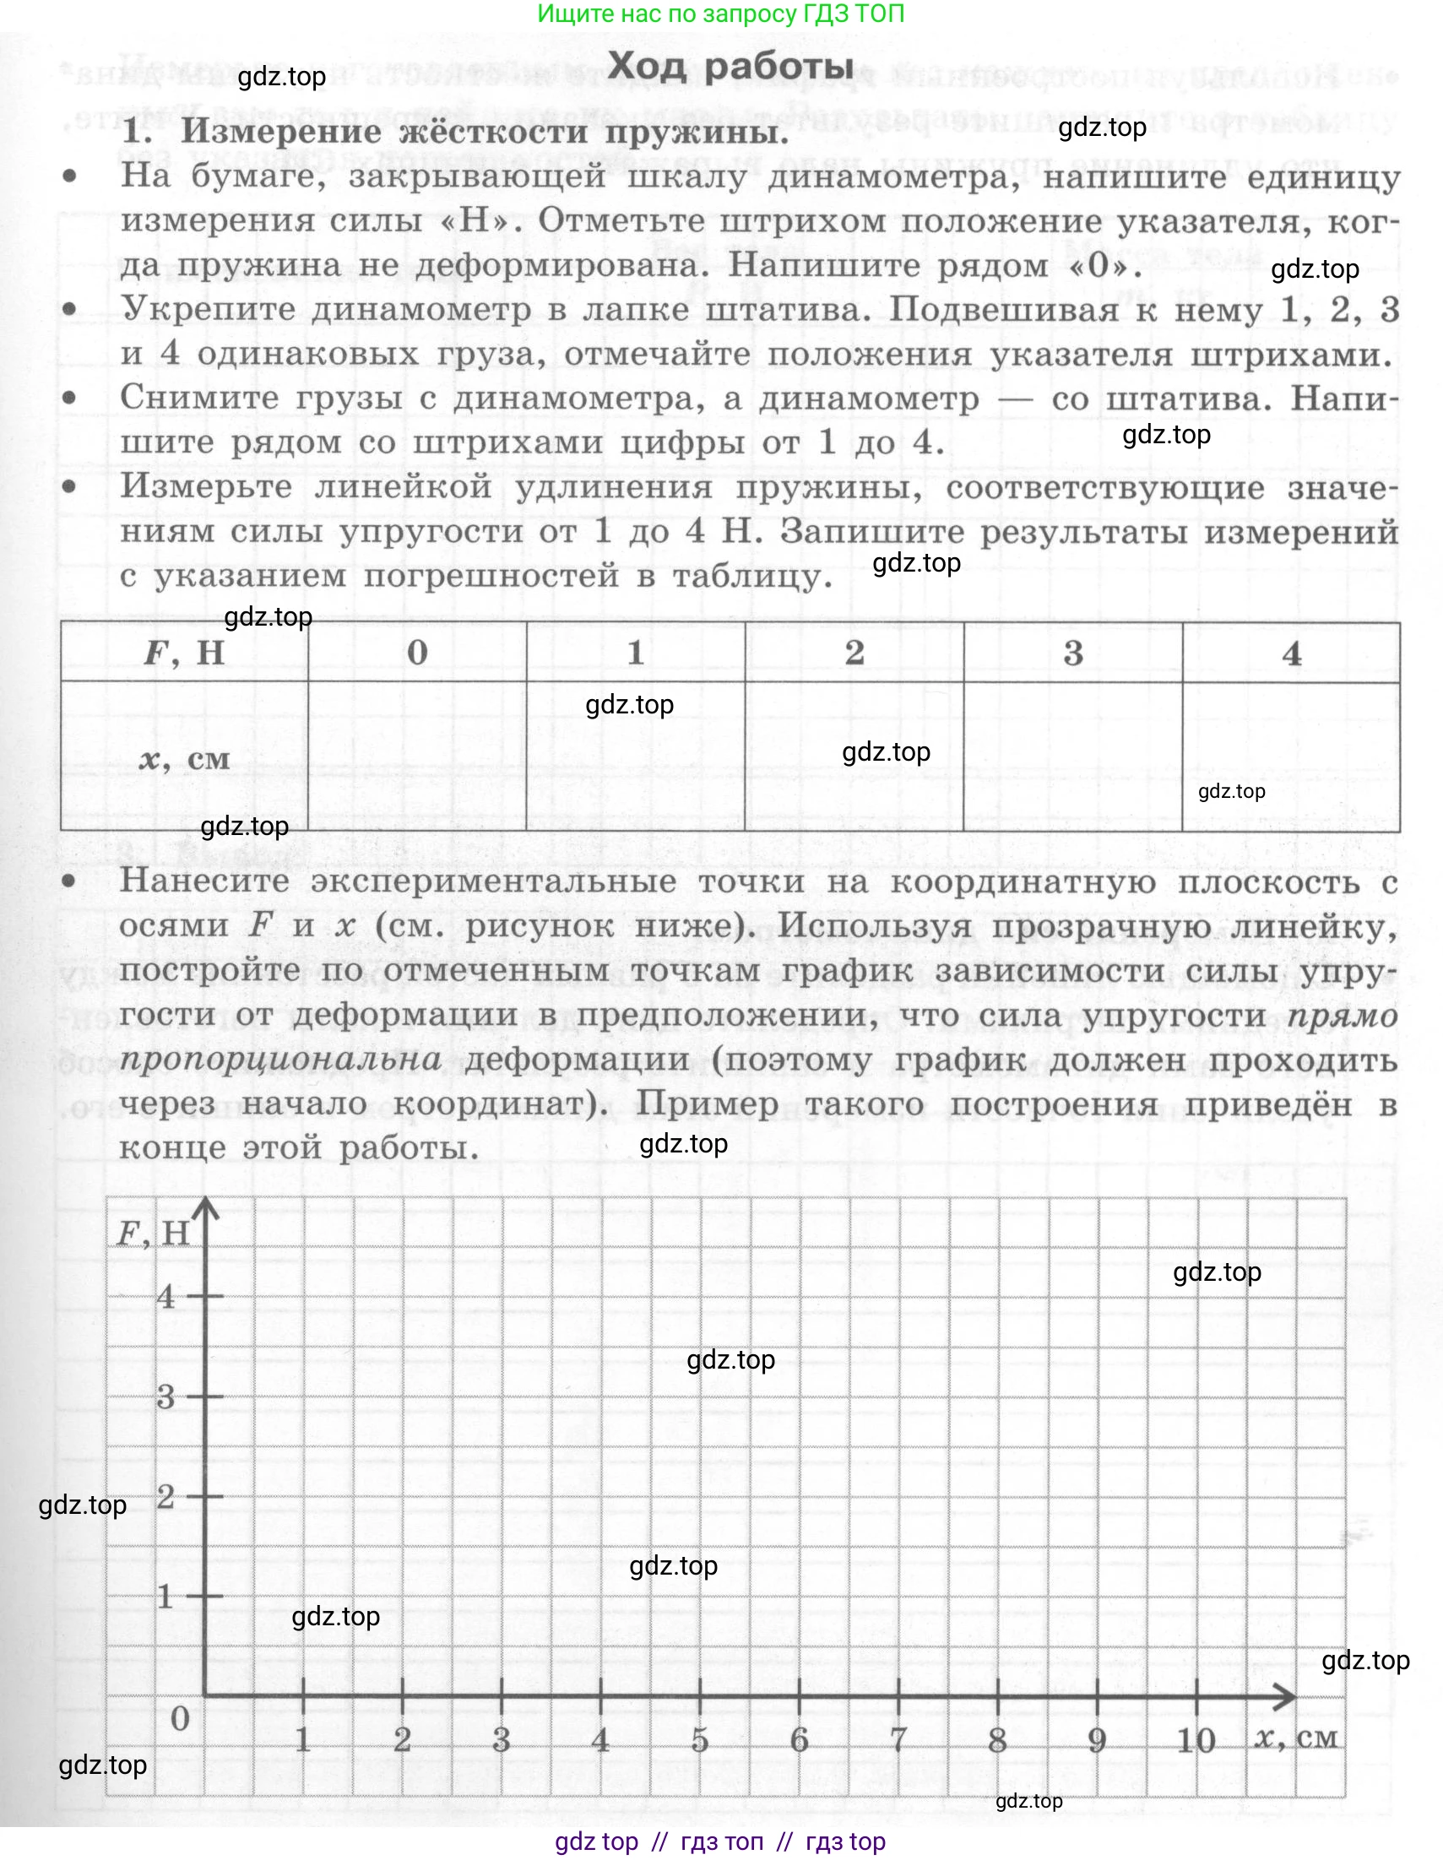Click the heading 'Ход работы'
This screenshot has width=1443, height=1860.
(x=730, y=67)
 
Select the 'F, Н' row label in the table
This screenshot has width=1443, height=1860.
(x=184, y=653)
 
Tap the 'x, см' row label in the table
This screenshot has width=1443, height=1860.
(x=185, y=758)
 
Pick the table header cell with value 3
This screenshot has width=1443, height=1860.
(x=1072, y=653)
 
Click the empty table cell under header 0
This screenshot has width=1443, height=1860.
(x=416, y=756)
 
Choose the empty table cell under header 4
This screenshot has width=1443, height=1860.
(x=1290, y=756)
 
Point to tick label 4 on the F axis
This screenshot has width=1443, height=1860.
(x=165, y=1296)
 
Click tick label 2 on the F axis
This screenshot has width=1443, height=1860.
(x=165, y=1495)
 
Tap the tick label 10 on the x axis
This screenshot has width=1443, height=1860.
(x=1195, y=1740)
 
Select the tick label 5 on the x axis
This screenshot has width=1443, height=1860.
(x=699, y=1740)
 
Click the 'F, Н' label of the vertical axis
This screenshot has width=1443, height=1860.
(x=153, y=1234)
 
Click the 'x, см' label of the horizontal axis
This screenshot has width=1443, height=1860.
(x=1295, y=1738)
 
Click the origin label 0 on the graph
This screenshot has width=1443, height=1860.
(x=180, y=1719)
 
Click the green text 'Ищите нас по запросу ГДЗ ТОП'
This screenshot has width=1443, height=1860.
(x=720, y=14)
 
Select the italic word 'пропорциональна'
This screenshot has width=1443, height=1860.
(x=280, y=1059)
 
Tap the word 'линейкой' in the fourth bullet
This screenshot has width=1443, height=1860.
(x=403, y=486)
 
